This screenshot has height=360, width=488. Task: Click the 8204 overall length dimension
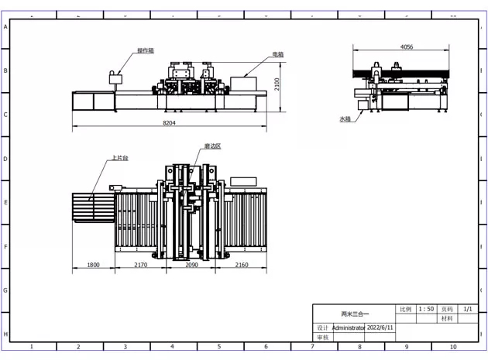pyautogui.click(x=169, y=123)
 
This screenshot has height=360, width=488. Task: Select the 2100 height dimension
pyautogui.click(x=277, y=82)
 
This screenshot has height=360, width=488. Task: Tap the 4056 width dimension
pyautogui.click(x=406, y=47)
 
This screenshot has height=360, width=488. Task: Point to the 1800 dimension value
pyautogui.click(x=92, y=265)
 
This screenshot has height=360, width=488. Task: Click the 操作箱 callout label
pyautogui.click(x=145, y=50)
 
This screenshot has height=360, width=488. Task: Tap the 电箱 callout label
pyautogui.click(x=277, y=55)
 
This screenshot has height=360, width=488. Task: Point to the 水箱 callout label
pyautogui.click(x=345, y=119)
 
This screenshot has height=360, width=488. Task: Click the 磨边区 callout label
pyautogui.click(x=212, y=146)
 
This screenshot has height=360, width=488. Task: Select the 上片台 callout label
pyautogui.click(x=119, y=158)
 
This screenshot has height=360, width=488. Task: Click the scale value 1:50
pyautogui.click(x=426, y=309)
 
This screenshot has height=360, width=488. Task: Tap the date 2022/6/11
pyautogui.click(x=380, y=327)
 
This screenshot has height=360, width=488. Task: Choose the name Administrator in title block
pyautogui.click(x=348, y=327)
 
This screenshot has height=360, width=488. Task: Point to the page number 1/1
pyautogui.click(x=467, y=309)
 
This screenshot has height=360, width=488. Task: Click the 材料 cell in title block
pyautogui.click(x=446, y=318)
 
